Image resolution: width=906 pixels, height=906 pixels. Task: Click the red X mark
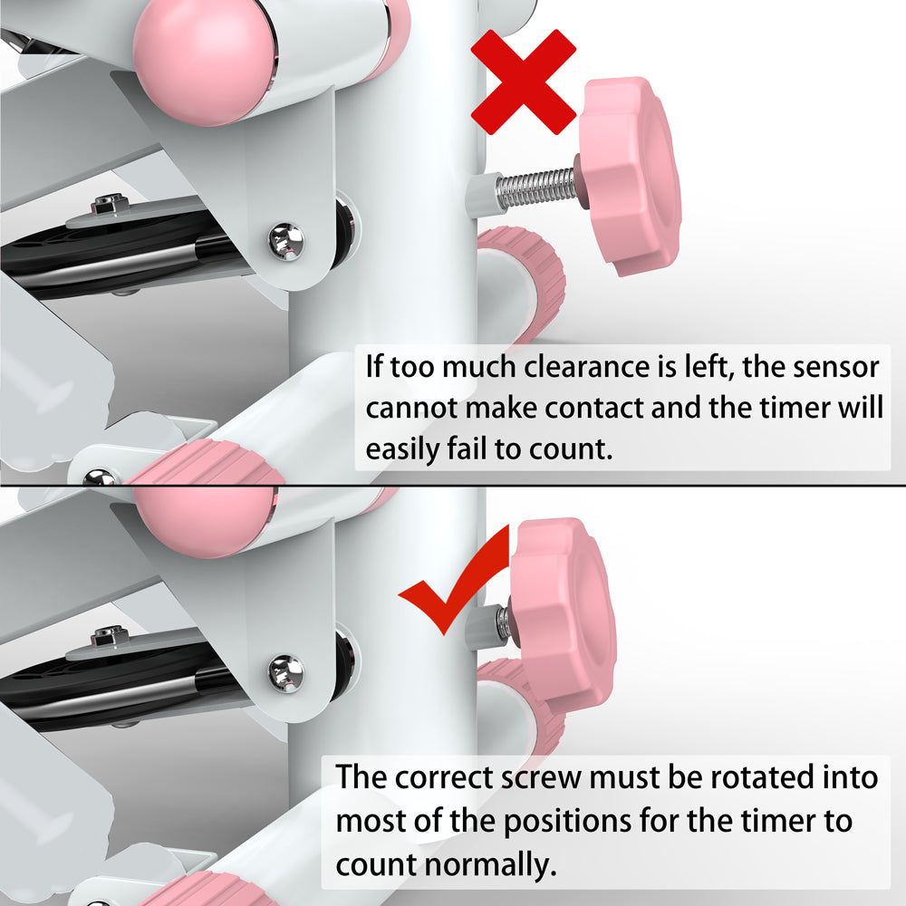tap(523, 82)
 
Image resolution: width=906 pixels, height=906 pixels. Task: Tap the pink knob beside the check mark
tap(564, 612)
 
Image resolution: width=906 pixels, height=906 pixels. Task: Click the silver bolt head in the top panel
tap(286, 241)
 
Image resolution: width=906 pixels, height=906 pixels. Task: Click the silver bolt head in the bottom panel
tap(286, 674)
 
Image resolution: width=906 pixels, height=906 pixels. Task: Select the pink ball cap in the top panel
tap(205, 61)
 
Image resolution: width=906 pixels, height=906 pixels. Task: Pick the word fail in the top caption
tap(466, 448)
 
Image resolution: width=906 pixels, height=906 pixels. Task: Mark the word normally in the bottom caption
tap(491, 865)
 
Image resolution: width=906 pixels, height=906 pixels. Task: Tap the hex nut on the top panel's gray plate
tap(110, 203)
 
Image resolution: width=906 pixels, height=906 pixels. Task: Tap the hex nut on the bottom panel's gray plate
tap(110, 636)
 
